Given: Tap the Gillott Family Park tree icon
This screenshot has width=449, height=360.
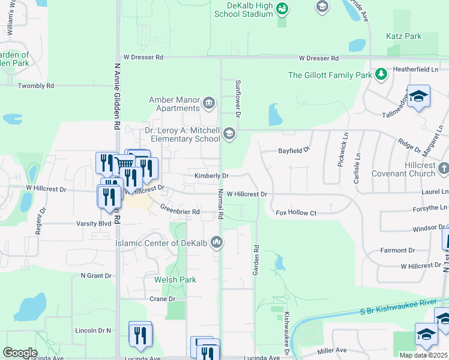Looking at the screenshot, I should [x=381, y=74].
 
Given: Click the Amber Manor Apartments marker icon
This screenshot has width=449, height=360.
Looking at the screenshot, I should [x=208, y=103].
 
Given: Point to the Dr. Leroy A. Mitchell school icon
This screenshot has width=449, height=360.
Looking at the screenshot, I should [x=229, y=133].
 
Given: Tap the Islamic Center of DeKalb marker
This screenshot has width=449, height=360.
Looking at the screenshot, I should [x=217, y=243].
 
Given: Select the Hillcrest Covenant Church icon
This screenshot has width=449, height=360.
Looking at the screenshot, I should [x=444, y=169].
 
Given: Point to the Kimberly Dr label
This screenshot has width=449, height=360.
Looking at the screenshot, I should [x=211, y=176].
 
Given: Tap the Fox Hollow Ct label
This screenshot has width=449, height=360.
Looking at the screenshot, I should [x=295, y=213].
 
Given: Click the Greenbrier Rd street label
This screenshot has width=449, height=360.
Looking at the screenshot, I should [x=179, y=209].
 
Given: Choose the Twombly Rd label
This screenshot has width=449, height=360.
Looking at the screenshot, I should [x=36, y=86].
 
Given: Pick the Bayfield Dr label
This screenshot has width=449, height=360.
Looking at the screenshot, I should [x=294, y=150].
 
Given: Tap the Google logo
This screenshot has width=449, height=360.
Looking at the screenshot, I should [x=20, y=352].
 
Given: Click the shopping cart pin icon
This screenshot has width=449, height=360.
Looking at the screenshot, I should [x=124, y=164].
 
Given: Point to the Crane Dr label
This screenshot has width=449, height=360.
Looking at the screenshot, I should [x=162, y=299].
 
